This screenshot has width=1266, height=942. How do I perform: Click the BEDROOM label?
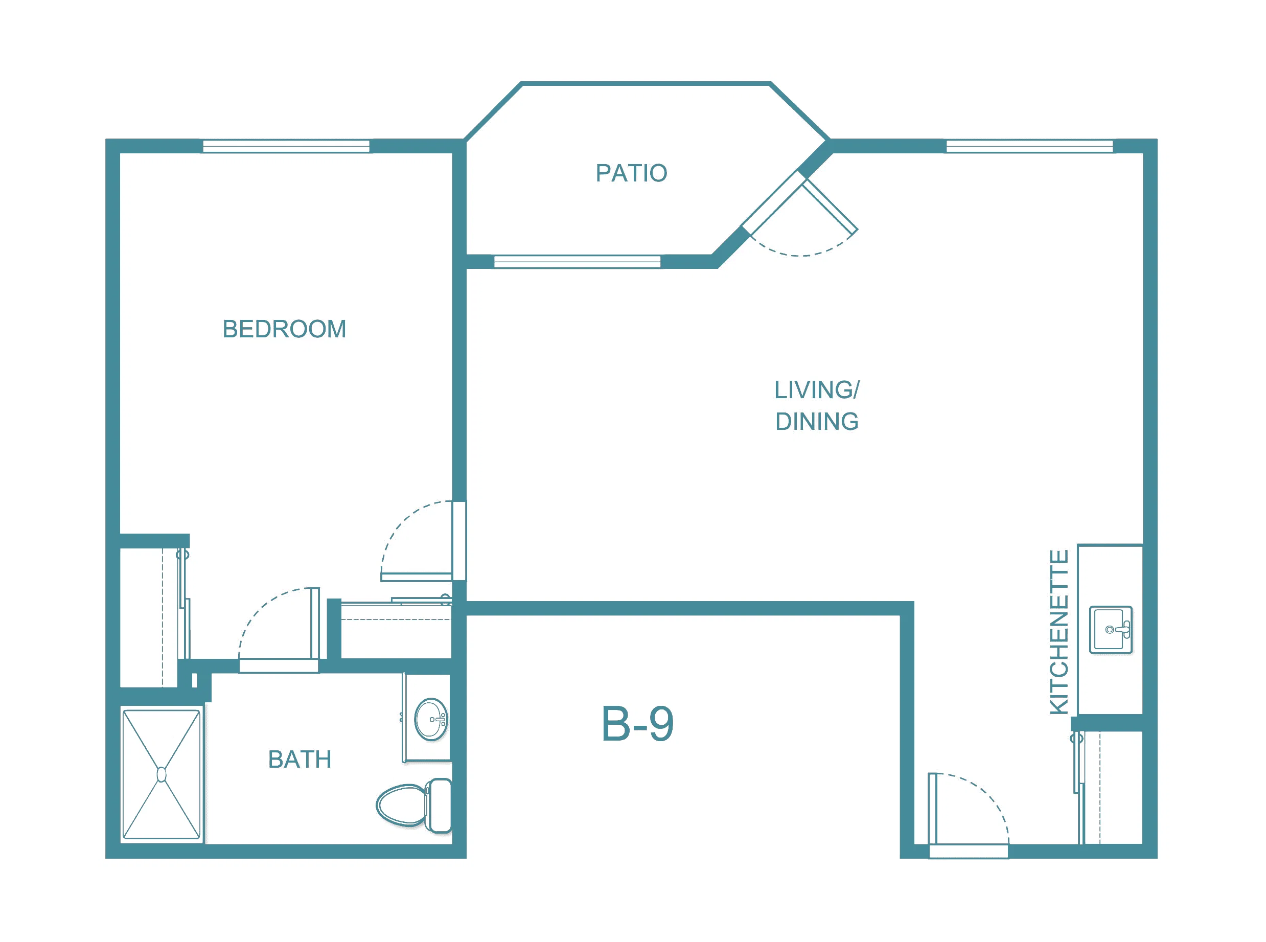pos(284,329)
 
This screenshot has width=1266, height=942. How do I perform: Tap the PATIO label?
pos(631,173)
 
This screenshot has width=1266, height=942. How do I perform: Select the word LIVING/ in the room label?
pos(817,390)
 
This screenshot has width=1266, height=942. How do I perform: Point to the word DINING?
pos(817,421)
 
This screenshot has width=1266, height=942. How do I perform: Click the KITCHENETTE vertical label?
pos(1059,632)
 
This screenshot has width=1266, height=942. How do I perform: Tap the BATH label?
pos(300,760)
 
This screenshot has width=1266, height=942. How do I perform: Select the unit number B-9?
pos(637,724)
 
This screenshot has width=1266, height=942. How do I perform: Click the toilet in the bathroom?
pos(414,805)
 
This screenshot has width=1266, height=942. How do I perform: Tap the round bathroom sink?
pos(431,719)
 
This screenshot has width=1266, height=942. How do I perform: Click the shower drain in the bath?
pos(162,774)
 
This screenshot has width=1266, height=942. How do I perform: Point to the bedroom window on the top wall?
pos(286,147)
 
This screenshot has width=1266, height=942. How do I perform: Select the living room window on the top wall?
pos(1029,147)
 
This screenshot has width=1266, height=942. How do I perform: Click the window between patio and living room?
pos(577,262)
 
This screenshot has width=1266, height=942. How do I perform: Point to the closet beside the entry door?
pos(1109,787)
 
